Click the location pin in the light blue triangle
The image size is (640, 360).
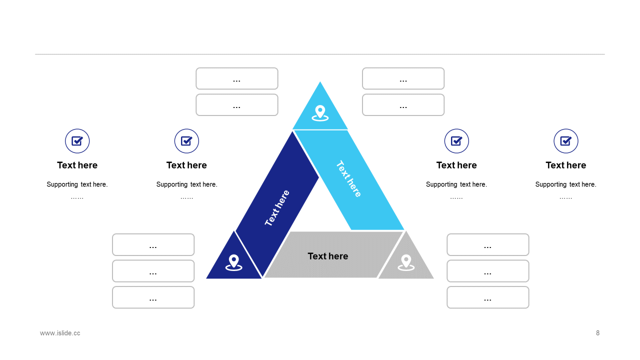(x=320, y=112)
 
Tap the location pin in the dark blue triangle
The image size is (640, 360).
(x=233, y=262)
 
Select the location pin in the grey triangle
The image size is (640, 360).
(x=406, y=262)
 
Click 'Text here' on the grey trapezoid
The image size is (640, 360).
(x=328, y=256)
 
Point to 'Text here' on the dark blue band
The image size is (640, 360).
(x=277, y=208)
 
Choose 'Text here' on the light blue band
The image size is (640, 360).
(x=348, y=178)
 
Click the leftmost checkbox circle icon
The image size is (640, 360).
(x=77, y=141)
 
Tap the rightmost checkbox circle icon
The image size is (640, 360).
(x=566, y=141)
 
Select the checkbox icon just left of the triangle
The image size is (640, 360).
(x=186, y=141)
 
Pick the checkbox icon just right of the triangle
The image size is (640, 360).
(x=456, y=141)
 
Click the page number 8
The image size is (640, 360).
(x=597, y=333)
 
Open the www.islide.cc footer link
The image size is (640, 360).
(x=60, y=333)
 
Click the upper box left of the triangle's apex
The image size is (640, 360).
(x=237, y=78)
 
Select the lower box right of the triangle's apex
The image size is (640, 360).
(x=403, y=105)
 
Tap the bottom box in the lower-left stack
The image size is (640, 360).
(x=153, y=297)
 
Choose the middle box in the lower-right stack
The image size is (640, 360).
(x=487, y=271)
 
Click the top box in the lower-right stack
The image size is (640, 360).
(x=487, y=244)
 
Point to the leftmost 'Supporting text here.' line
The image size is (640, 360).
(x=77, y=184)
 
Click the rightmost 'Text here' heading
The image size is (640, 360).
(x=566, y=165)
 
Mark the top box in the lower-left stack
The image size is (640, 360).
(x=153, y=244)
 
